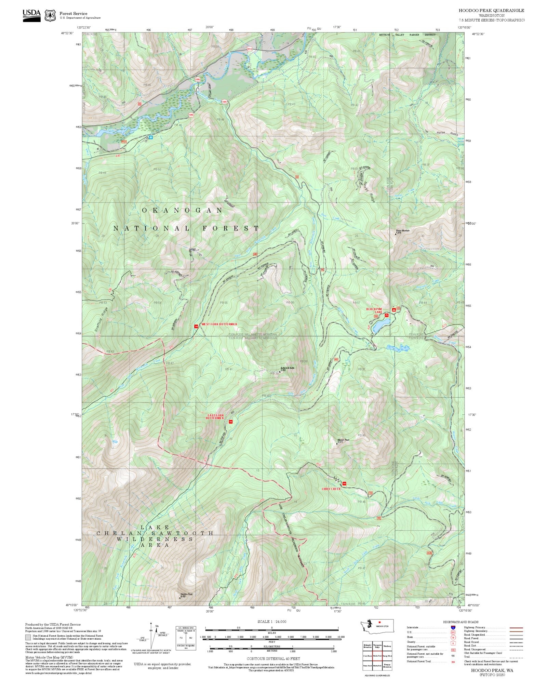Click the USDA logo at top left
pos(31,15)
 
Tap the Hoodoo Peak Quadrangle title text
pos(491,11)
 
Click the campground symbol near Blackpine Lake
pos(394,310)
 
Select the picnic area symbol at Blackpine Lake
pos(387,315)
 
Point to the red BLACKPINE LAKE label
pos(374,310)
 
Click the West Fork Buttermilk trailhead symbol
pos(196,327)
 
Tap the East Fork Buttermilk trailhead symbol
pos(230,422)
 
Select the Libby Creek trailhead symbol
pos(344,484)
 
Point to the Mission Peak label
pos(343,441)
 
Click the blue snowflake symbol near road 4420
pos(150,137)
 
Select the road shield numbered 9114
pos(250,49)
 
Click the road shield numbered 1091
pos(224,102)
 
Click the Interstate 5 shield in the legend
pos(453,628)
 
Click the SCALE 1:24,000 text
pos(272,622)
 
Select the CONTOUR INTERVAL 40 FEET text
pos(273,658)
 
